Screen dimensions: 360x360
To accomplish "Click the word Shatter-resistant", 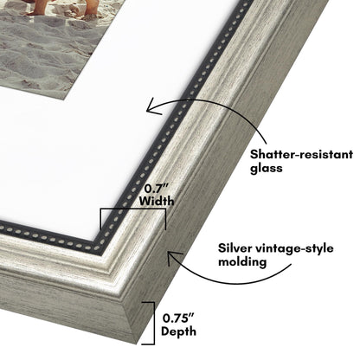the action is tap(301, 154).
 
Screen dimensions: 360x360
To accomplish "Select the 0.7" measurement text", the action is tap(157, 189).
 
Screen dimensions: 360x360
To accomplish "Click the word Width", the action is tap(157, 201).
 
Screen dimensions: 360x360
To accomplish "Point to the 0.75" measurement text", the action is tap(178, 318).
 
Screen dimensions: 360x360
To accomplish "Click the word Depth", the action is tap(178, 331).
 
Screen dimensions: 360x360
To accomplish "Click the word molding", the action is tap(242, 262).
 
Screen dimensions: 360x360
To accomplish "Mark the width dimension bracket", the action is tap(133, 209).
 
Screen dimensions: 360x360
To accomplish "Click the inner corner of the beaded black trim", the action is tap(97, 241).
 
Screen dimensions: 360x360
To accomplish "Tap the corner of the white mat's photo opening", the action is tap(65, 100).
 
